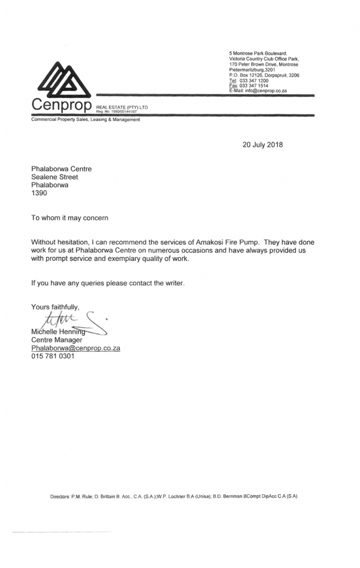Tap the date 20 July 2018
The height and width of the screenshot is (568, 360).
262,145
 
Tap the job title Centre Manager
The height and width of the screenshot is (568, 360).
57,339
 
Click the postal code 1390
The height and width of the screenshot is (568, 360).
39,194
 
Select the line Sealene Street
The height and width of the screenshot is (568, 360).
54,177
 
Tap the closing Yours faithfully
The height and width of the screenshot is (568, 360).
55,307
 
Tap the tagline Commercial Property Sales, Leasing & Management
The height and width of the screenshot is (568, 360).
85,120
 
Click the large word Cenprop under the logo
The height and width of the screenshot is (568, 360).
61,105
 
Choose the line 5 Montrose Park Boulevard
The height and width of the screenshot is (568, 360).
261,53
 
